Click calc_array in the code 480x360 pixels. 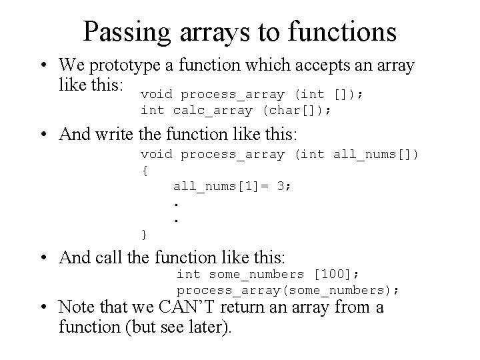[x=213, y=111]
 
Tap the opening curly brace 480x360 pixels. [x=145, y=170]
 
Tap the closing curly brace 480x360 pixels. [x=145, y=233]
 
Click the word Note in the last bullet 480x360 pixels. [x=74, y=308]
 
